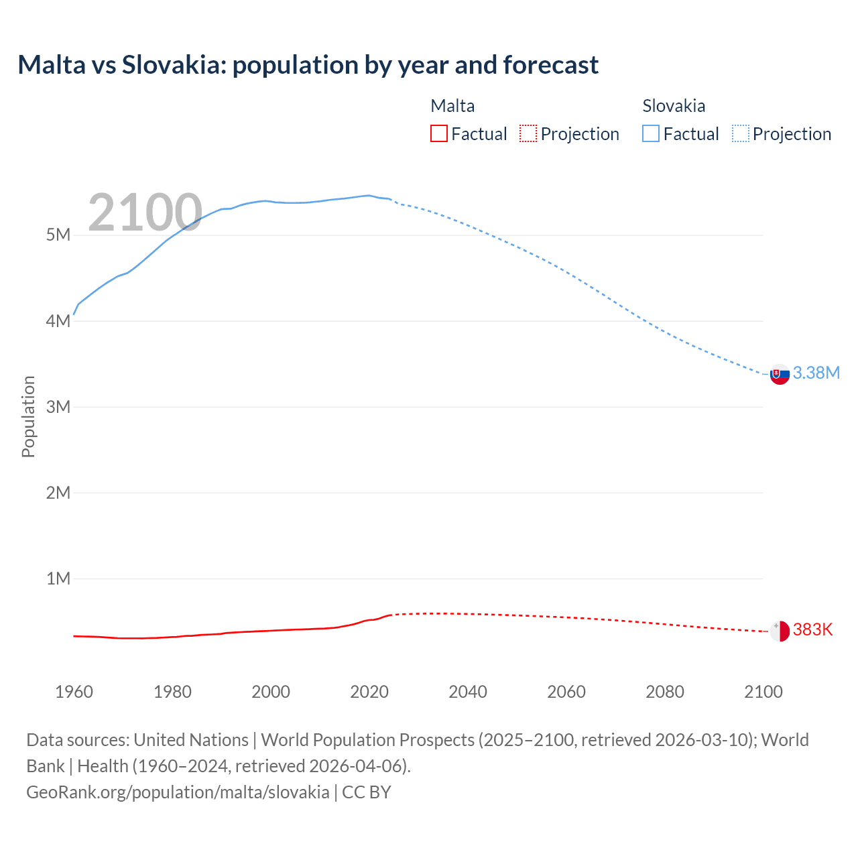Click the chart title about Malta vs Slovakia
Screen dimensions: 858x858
tap(308, 65)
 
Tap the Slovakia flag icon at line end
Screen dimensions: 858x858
tap(780, 375)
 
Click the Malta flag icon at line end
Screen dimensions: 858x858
tap(780, 631)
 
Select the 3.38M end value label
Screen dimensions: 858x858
tap(816, 373)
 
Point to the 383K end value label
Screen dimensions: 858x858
tap(812, 630)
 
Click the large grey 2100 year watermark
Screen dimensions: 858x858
tap(145, 212)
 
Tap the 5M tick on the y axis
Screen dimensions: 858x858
tap(58, 235)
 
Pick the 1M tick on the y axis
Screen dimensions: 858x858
tap(58, 578)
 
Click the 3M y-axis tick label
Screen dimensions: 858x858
tap(58, 407)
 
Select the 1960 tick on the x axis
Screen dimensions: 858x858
tap(74, 692)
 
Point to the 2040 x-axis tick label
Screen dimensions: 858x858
tap(468, 692)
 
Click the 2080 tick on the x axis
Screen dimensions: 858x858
tap(665, 692)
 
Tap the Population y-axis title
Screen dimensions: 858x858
tap(28, 416)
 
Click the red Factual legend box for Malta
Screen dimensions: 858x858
tap(438, 134)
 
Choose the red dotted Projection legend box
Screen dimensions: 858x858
tap(528, 134)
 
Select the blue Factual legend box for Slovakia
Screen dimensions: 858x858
tap(651, 134)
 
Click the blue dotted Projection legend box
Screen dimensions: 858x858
tap(741, 134)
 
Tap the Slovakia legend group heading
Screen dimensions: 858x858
tap(674, 106)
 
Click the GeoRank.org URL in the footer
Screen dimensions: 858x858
tap(178, 792)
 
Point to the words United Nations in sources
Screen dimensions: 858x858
tap(191, 740)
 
